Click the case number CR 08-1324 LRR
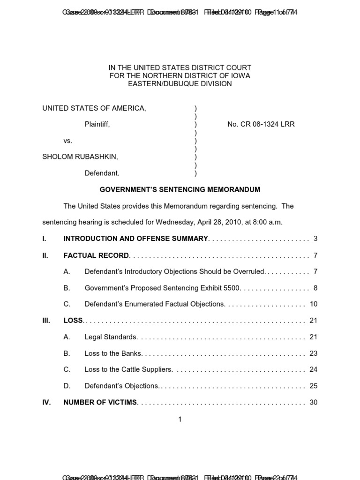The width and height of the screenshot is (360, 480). pyautogui.click(x=261, y=124)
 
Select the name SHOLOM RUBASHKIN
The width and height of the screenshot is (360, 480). pyautogui.click(x=80, y=157)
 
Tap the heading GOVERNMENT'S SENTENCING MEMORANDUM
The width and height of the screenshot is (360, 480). pyautogui.click(x=180, y=190)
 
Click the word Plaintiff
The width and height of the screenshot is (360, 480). pyautogui.click(x=97, y=124)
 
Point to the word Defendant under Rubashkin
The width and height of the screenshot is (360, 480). pyautogui.click(x=102, y=173)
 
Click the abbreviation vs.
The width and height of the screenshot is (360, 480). pyautogui.click(x=68, y=141)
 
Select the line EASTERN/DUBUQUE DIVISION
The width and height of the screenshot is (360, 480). pyautogui.click(x=180, y=84)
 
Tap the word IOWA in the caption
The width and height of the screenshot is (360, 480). pyautogui.click(x=241, y=76)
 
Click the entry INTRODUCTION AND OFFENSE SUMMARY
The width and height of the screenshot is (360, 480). pyautogui.click(x=135, y=239)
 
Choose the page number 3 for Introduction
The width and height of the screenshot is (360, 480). pyautogui.click(x=315, y=239)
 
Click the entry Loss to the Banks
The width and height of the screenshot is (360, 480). pyautogui.click(x=113, y=353)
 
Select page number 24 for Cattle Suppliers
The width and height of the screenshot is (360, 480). pyautogui.click(x=314, y=369)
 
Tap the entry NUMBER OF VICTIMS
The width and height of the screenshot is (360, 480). pyautogui.click(x=100, y=402)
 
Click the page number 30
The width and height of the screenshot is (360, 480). pyautogui.click(x=314, y=402)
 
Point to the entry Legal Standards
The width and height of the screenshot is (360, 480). pyautogui.click(x=111, y=337)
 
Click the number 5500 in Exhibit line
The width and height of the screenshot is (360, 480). pyautogui.click(x=232, y=288)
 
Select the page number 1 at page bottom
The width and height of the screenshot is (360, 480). pyautogui.click(x=180, y=420)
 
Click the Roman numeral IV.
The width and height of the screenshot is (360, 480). pyautogui.click(x=46, y=402)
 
